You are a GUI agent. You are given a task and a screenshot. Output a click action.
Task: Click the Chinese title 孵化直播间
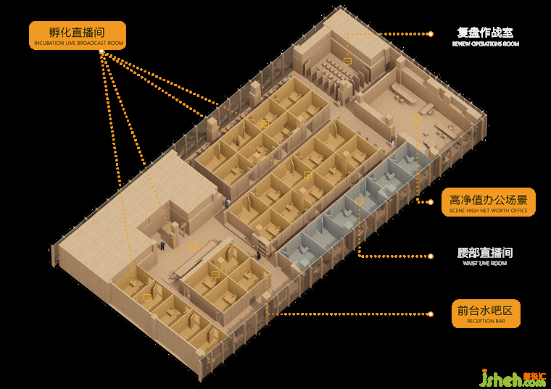click(77, 32)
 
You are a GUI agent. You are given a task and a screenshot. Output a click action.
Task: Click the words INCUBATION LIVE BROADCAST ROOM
click(78, 44)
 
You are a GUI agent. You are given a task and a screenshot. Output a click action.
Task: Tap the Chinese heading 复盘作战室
click(485, 33)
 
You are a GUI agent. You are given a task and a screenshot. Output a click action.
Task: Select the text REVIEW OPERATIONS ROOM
click(485, 44)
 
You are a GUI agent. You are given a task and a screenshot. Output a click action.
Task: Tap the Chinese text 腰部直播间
click(485, 253)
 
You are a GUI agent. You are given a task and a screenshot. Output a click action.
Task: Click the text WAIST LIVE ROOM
click(485, 264)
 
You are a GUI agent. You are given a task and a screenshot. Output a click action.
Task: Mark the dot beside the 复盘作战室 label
click(431, 34)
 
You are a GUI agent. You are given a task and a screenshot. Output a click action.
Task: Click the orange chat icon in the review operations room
click(347, 62)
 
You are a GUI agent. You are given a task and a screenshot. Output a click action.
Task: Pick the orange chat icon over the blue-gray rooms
click(359, 201)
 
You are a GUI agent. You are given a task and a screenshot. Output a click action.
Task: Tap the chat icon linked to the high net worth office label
click(417, 117)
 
